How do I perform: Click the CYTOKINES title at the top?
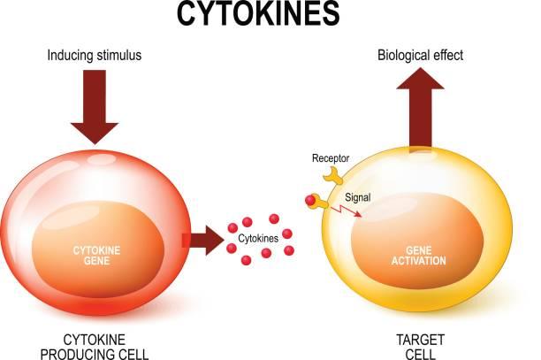click(258, 14)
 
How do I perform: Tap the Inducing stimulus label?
click(95, 55)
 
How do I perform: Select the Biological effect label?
click(420, 55)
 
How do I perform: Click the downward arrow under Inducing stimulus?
click(95, 107)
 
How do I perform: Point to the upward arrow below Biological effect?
click(420, 107)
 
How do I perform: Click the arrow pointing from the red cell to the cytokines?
click(203, 241)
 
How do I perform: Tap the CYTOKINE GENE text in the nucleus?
click(96, 256)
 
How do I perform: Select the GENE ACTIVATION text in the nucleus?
click(418, 256)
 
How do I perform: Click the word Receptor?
click(331, 158)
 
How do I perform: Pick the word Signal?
click(358, 197)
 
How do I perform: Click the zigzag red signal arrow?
click(346, 211)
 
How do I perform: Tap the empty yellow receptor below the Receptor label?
click(332, 175)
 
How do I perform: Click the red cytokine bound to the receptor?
click(310, 200)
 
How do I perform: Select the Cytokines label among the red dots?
click(258, 238)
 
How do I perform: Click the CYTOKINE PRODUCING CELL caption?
click(95, 347)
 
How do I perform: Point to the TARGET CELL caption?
click(420, 347)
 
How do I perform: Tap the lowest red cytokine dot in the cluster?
click(246, 260)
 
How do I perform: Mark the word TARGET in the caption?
click(420, 340)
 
